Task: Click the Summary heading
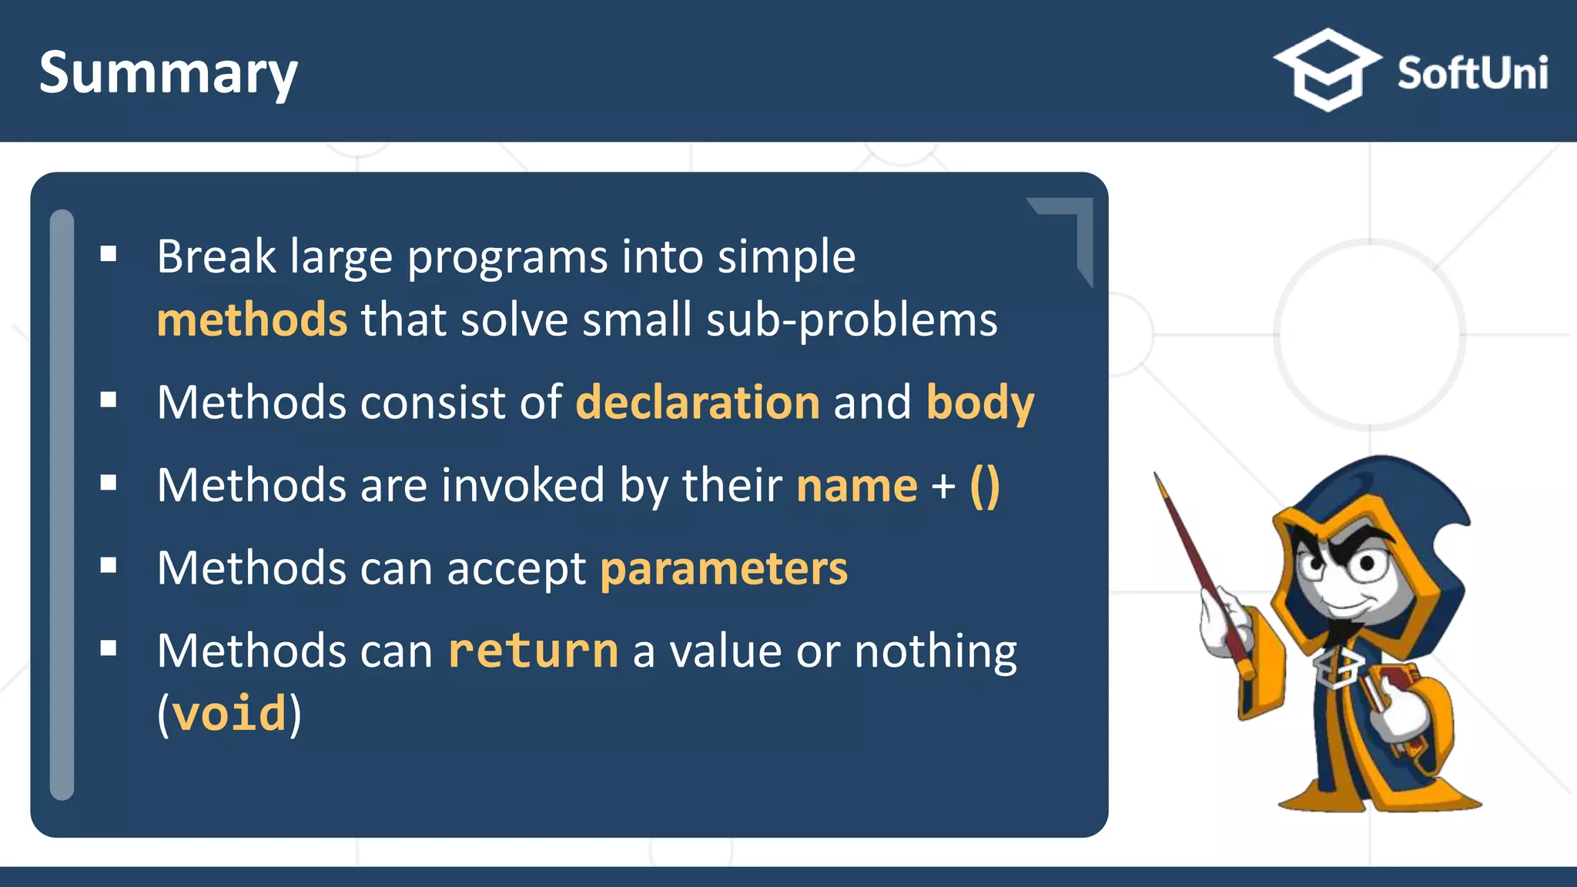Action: tap(168, 72)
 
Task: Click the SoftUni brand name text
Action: tap(1472, 74)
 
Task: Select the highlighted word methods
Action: tap(252, 320)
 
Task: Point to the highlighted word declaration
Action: tap(698, 402)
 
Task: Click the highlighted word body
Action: tap(979, 403)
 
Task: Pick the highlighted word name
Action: tap(856, 486)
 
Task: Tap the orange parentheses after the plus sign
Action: tap(984, 486)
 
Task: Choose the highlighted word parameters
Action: tap(723, 568)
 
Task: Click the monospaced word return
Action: tap(533, 651)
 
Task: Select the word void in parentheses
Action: tap(229, 714)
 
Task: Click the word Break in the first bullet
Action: tap(216, 256)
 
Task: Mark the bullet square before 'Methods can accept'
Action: tap(109, 566)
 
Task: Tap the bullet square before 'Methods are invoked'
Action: tap(109, 483)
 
